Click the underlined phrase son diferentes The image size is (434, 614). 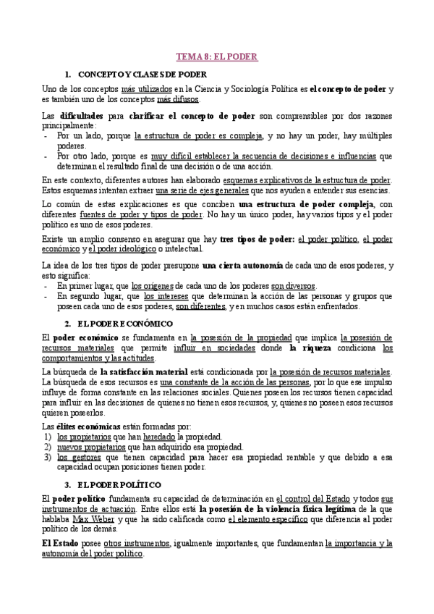pyautogui.click(x=200, y=306)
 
